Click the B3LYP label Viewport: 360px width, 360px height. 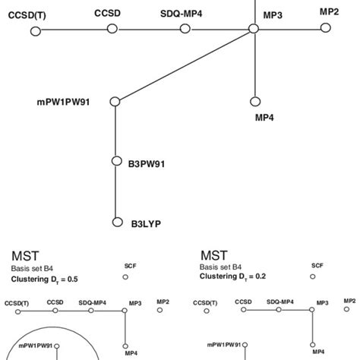146,223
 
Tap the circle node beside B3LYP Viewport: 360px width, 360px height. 115,223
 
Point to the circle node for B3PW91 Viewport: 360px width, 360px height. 115,161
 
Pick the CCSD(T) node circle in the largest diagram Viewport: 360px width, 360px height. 36,30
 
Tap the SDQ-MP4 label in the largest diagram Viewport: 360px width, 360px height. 181,14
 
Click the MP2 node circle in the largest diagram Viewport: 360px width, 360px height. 326,28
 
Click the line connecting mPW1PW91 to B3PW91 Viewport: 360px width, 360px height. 115,131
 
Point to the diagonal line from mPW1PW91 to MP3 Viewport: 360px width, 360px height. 185,65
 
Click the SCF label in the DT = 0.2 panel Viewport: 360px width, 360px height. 317,265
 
